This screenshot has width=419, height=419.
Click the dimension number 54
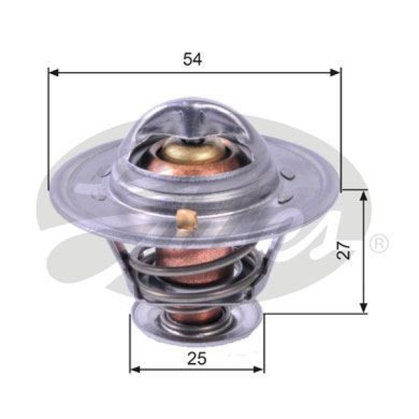pyautogui.click(x=193, y=59)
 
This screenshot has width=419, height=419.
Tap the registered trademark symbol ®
pyautogui.click(x=379, y=244)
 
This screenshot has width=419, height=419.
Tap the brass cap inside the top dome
pyautogui.click(x=189, y=149)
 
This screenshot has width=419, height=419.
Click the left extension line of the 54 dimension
pyautogui.click(x=49, y=126)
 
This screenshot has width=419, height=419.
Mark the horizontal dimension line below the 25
pyautogui.click(x=198, y=369)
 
